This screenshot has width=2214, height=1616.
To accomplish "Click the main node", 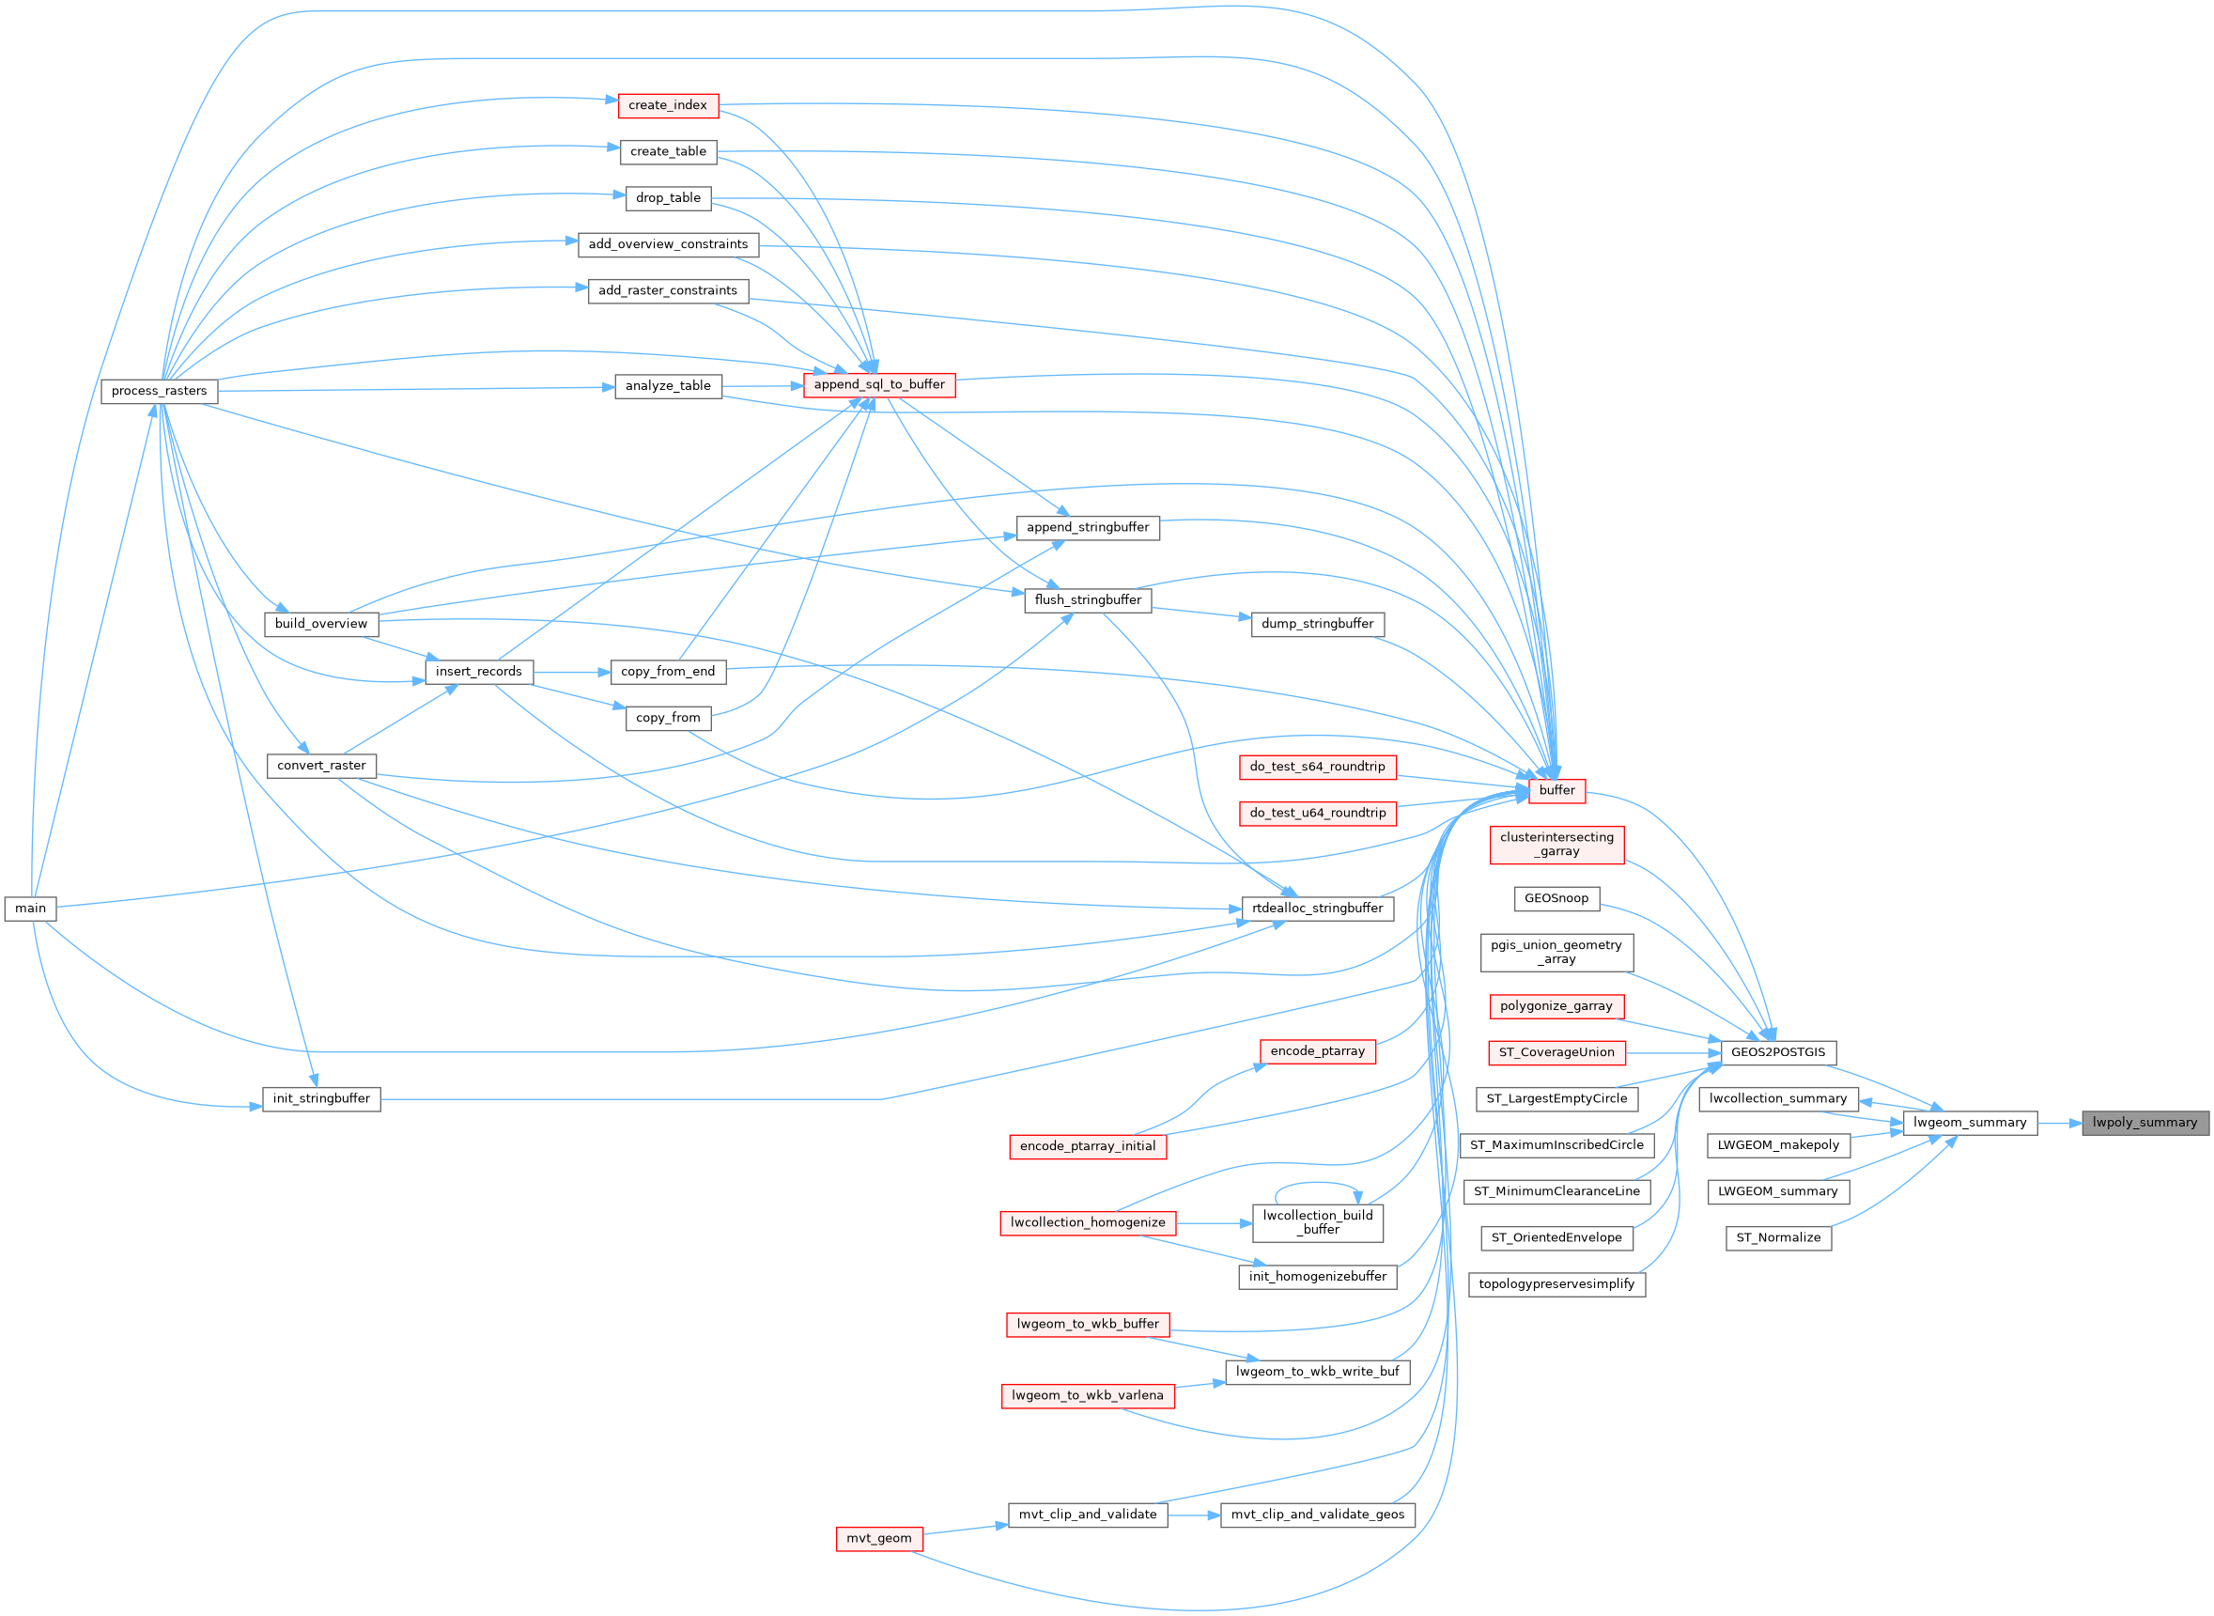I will (30, 908).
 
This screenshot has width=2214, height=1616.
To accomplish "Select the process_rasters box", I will (160, 390).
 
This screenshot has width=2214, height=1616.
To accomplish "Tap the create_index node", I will (668, 104).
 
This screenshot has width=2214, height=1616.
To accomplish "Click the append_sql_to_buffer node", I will (879, 384).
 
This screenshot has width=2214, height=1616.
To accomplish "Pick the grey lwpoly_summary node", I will (2144, 1122).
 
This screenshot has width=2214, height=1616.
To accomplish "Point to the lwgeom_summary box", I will (1970, 1122).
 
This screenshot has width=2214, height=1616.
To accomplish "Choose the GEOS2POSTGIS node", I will (1778, 1051).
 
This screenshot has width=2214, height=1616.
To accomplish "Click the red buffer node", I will (1556, 789).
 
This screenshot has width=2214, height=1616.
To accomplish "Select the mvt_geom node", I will (878, 1538).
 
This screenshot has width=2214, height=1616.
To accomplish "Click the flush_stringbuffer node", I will (1088, 599).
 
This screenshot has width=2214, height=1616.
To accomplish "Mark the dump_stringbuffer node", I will (1317, 623).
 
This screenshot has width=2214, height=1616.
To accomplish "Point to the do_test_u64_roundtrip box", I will (1317, 813).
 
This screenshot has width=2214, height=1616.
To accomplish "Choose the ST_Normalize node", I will (1778, 1237).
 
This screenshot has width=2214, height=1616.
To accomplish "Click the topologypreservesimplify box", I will (1556, 1283).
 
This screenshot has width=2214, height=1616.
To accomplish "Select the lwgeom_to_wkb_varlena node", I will (1088, 1395).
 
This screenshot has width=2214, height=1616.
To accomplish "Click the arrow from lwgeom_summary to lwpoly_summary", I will (2060, 1123).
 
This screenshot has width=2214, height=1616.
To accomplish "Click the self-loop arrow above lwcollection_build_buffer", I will (1315, 1184).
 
